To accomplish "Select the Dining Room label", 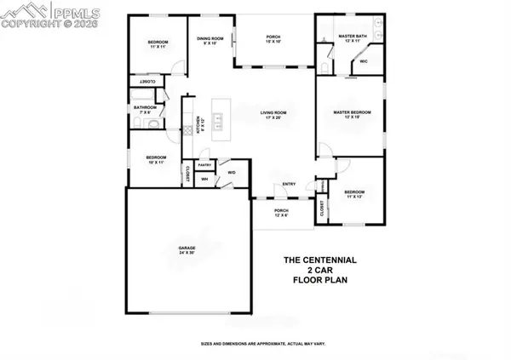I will [210, 41].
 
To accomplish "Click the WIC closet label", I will [364, 61].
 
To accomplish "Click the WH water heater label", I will [204, 180].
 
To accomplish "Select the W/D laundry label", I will [231, 173].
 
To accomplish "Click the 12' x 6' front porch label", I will [281, 213].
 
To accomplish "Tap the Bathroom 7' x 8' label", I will [143, 110].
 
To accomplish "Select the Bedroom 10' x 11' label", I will [155, 160].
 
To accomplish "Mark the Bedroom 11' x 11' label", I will [158, 45].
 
